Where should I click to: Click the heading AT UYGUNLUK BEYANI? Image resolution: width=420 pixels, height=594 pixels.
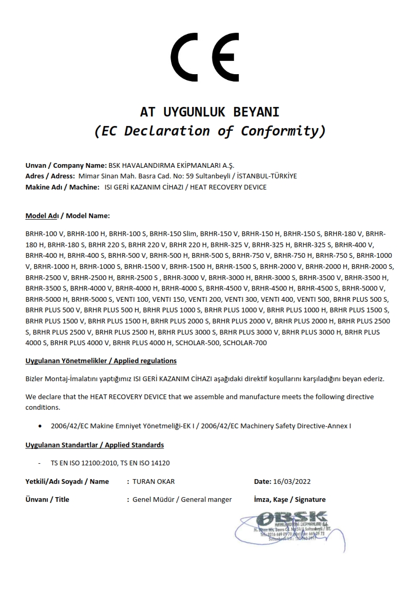point(209,112)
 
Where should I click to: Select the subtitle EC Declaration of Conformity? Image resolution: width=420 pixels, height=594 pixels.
point(209,131)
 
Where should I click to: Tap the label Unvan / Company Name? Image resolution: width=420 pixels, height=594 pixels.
point(66,165)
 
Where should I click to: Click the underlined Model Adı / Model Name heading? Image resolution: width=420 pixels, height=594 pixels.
point(67,216)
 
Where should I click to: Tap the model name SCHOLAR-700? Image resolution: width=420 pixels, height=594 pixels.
point(245,343)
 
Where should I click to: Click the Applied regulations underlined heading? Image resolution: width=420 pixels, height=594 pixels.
point(101,361)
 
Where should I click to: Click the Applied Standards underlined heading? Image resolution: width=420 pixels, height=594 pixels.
point(94,445)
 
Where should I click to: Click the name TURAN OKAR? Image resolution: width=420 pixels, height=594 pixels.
point(154,481)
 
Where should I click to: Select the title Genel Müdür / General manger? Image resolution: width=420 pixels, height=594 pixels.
point(182,499)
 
